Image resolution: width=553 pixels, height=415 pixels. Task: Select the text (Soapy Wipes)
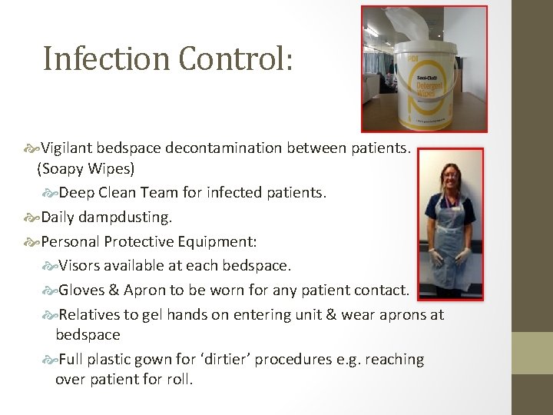pos(85,167)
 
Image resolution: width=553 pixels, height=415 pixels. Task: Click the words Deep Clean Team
pos(114,192)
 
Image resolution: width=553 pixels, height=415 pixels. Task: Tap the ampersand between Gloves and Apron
pos(114,290)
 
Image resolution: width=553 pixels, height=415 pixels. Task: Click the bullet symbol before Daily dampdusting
pos(31,217)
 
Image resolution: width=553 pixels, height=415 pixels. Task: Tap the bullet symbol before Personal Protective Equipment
pos(31,242)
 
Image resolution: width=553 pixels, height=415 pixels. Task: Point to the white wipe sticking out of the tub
pos(419,23)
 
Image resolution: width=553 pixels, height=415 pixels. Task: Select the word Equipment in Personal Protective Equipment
pos(224,242)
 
